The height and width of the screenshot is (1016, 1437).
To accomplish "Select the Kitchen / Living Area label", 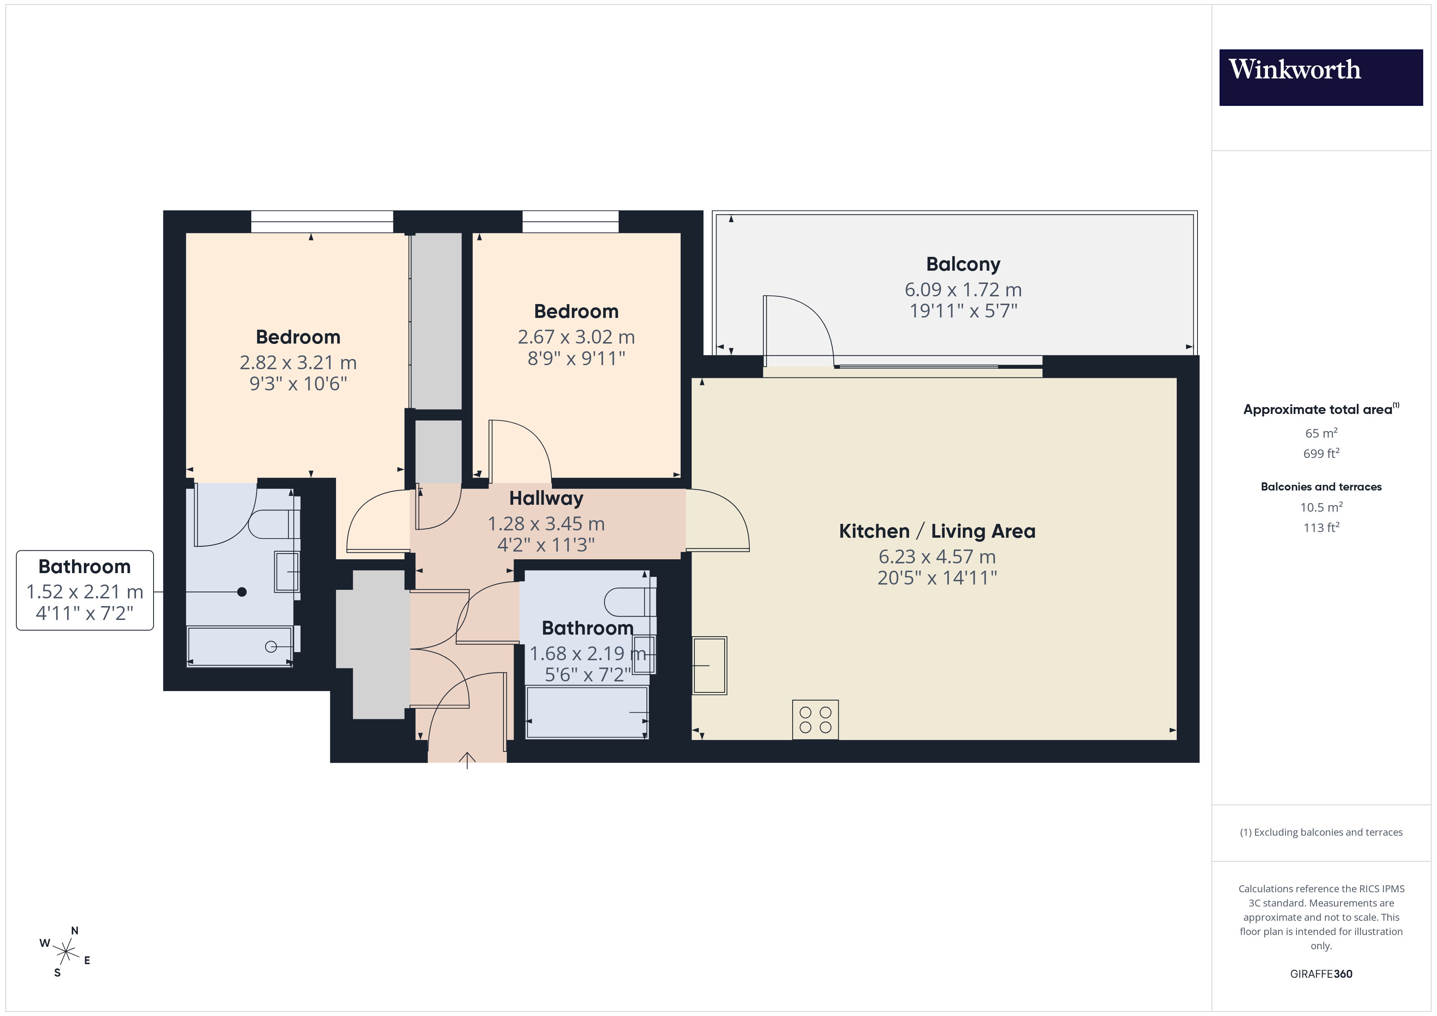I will coord(937,531).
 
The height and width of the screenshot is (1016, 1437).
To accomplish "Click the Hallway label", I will coord(546,499).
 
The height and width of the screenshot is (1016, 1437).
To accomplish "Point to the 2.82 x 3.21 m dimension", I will coord(298,363).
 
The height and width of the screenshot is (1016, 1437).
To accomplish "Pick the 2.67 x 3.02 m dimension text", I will coord(576,337).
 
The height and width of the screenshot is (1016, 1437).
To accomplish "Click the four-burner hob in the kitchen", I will coord(815,719).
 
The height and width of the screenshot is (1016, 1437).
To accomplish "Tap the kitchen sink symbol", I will coord(709,666).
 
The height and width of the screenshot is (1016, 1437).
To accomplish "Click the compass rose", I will coord(65,952).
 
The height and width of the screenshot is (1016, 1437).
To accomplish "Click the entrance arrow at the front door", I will coord(467,760).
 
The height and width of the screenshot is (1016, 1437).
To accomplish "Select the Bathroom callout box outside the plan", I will coord(84,590).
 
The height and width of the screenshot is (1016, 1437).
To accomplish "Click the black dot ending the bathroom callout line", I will coord(242,592).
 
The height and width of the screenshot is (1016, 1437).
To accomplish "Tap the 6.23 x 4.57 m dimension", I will coord(937,557).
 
